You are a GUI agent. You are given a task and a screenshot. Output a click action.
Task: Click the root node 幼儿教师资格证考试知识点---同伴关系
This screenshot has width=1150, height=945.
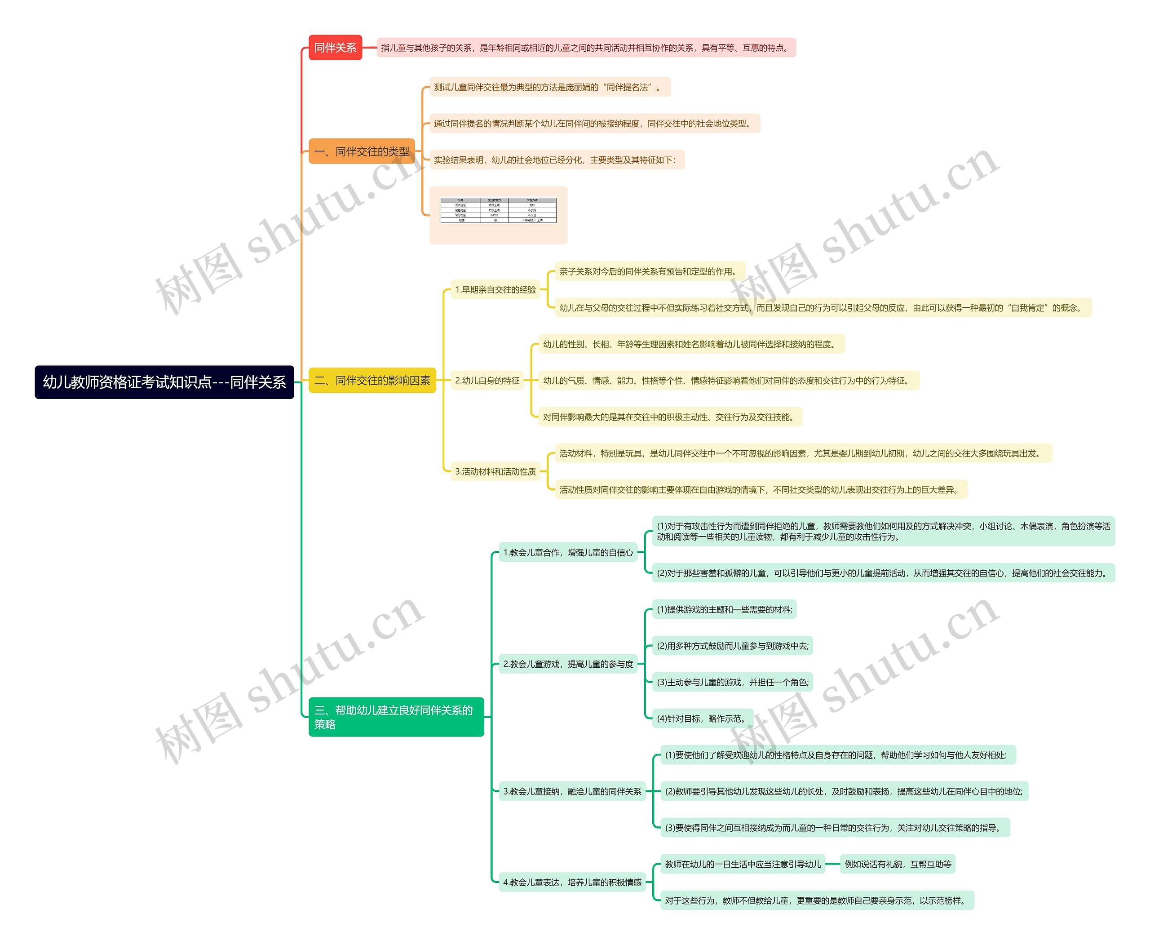164,382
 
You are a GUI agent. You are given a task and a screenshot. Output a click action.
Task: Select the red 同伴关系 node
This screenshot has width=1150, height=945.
335,48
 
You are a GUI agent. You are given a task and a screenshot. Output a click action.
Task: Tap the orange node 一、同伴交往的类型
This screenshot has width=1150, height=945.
361,151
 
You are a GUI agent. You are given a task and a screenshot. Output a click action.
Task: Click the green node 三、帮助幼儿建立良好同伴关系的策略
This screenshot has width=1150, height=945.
396,717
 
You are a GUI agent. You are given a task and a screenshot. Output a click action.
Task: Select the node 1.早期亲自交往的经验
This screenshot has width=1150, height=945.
495,289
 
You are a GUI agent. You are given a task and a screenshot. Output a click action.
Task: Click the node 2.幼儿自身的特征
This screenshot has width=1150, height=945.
487,381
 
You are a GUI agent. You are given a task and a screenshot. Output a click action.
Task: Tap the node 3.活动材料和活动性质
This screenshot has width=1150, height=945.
495,471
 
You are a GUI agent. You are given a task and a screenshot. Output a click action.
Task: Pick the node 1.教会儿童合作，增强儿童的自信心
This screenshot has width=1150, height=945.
568,553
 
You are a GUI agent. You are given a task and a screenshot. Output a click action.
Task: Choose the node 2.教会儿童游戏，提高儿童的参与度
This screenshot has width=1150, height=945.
568,664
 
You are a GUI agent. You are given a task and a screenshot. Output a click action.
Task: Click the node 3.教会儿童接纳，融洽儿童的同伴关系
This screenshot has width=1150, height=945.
571,791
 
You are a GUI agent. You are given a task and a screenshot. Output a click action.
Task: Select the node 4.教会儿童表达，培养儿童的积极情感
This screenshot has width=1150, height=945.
571,883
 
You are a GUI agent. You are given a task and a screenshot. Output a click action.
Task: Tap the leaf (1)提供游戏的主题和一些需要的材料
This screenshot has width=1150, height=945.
724,610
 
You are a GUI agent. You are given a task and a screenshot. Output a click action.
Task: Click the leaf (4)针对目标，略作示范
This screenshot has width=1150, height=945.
702,719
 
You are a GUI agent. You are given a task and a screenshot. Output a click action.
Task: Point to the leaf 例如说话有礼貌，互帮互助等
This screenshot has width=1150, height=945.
898,864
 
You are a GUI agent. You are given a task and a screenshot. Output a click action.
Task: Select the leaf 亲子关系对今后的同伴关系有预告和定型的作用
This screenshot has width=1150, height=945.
649,271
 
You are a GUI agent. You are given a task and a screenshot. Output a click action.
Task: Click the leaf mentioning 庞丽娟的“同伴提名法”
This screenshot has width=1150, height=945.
550,87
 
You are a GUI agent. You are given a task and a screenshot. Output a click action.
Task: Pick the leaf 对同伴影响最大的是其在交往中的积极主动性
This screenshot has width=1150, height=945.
669,417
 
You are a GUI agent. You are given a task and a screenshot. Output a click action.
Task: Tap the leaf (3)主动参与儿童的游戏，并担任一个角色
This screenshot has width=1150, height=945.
732,682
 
